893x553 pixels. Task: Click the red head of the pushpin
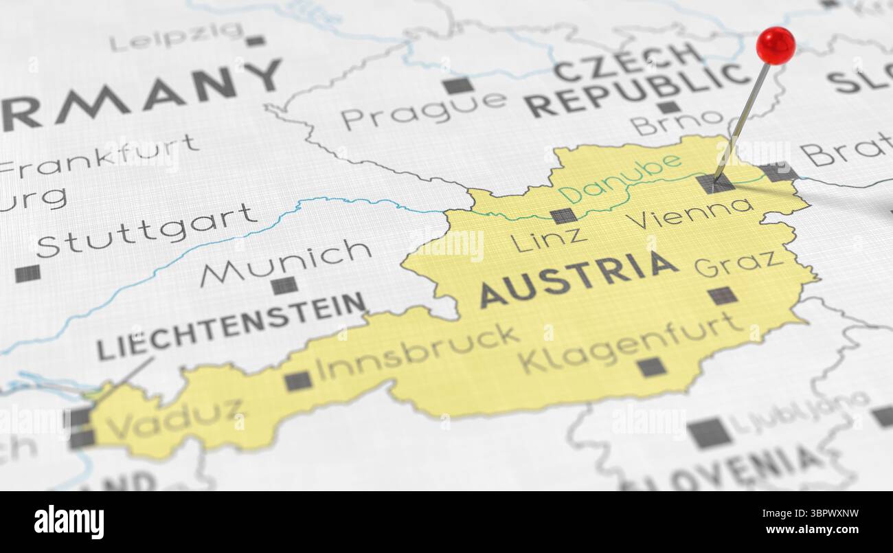(x=776, y=45)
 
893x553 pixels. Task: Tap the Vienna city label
(x=689, y=214)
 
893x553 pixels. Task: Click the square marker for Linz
(x=563, y=216)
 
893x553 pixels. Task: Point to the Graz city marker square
(x=722, y=295)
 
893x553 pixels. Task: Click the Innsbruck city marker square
(x=298, y=381)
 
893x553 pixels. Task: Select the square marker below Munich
(x=284, y=285)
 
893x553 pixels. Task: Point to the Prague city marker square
(x=457, y=86)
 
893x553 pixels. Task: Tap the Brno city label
(x=676, y=122)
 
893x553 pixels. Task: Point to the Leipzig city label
(x=177, y=36)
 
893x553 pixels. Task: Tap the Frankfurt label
(x=100, y=157)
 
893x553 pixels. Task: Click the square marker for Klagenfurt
(x=651, y=367)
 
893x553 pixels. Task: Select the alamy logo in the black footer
(x=69, y=521)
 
